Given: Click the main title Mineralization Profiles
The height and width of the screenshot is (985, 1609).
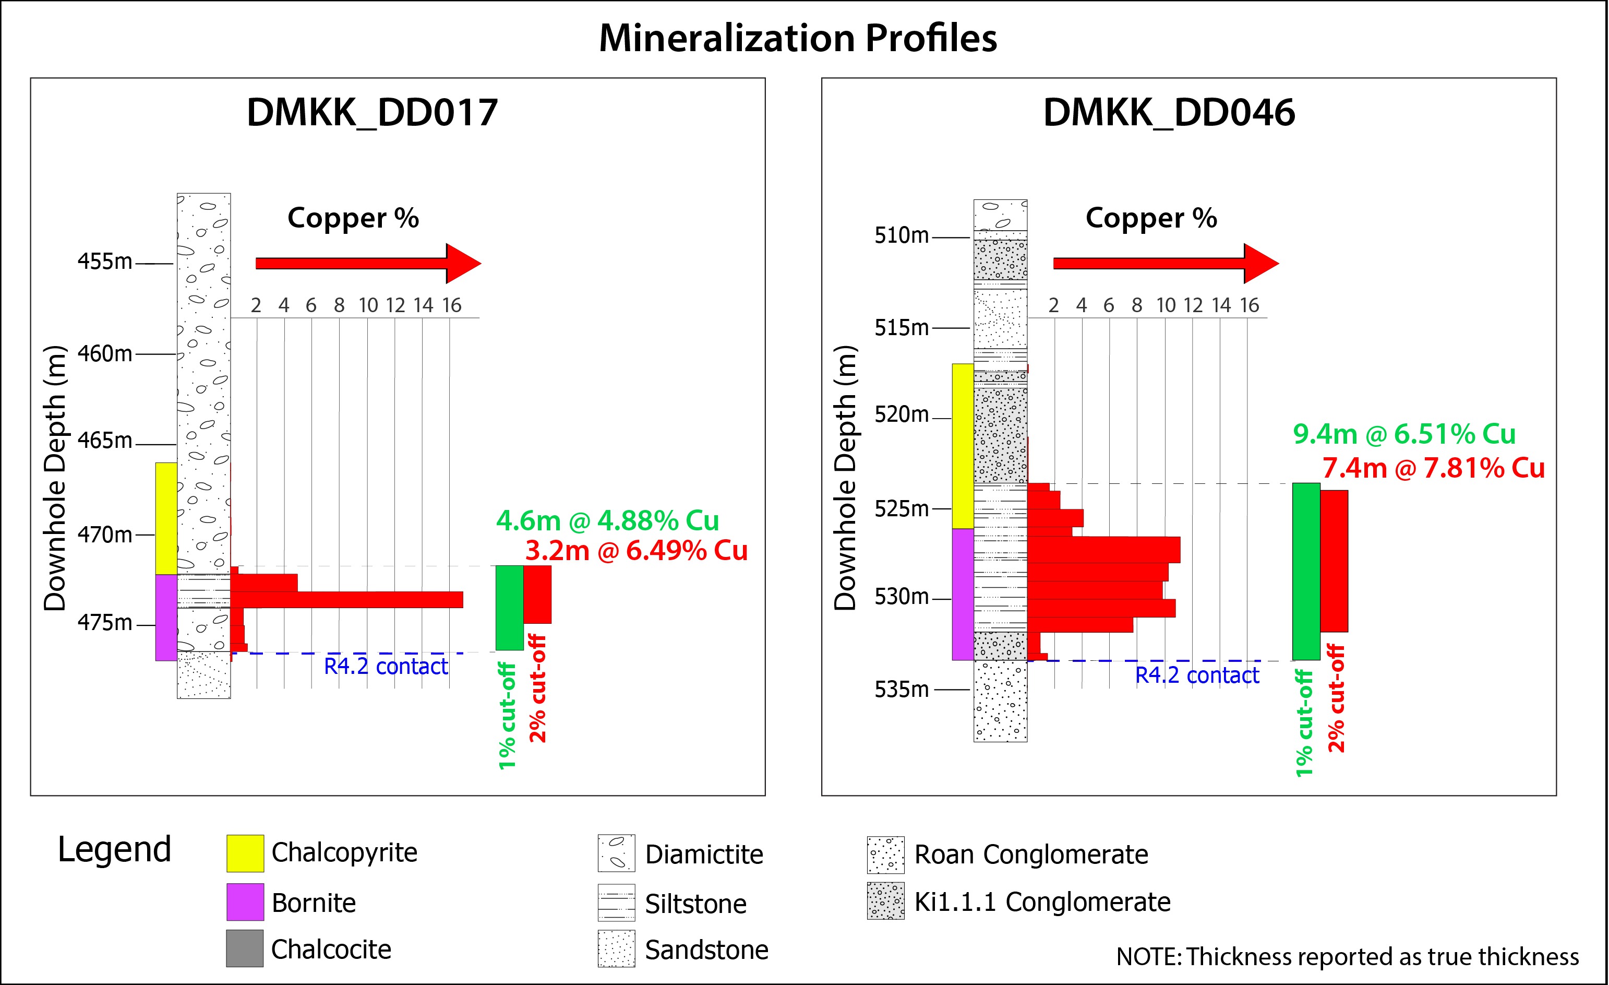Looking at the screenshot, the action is [x=798, y=39].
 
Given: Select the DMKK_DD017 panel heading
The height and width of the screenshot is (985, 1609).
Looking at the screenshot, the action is [x=372, y=112].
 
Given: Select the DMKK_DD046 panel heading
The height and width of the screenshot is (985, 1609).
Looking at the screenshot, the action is [x=1169, y=112].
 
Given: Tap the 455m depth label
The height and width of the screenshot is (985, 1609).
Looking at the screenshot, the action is [x=104, y=262].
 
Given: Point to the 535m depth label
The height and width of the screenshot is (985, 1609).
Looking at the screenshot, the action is [x=901, y=689].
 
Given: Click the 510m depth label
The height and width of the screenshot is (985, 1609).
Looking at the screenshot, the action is [x=901, y=235].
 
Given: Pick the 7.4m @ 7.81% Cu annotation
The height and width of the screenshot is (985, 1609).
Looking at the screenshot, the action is [x=1433, y=468].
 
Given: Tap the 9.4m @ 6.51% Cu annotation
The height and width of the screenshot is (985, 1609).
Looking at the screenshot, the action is [x=1404, y=434].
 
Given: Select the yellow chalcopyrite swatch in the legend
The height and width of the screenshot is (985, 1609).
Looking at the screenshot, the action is [x=245, y=853].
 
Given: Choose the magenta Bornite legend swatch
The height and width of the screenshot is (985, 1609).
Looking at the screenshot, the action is [x=245, y=902].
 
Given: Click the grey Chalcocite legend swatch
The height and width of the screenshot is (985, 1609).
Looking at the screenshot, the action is [x=245, y=948].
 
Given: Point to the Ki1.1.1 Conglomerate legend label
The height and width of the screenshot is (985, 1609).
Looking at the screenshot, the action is [x=1042, y=902].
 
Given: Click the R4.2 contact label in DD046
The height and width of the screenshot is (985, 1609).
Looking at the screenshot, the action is [x=1197, y=675].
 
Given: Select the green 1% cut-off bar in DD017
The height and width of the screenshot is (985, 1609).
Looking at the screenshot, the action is [x=509, y=608].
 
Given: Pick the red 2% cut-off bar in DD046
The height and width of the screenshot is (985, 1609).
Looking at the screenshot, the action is [x=1334, y=561].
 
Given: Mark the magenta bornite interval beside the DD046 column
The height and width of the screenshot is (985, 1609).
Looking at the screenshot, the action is [x=963, y=595].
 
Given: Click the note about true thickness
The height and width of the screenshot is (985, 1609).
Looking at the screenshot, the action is [x=1348, y=957].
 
